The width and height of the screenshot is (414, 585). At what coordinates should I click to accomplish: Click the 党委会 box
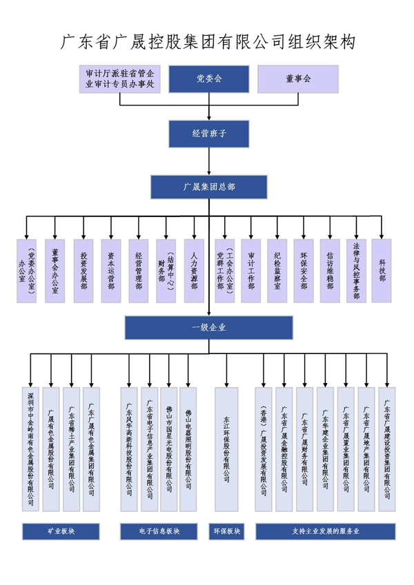point(208,79)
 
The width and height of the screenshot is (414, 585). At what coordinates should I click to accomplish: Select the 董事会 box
point(297,79)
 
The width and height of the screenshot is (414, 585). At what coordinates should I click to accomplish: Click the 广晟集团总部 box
point(208,187)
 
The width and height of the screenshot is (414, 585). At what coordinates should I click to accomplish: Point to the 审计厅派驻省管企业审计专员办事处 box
point(120,79)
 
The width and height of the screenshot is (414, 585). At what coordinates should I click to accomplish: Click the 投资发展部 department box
point(83,271)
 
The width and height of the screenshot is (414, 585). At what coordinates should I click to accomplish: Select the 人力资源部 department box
point(194,271)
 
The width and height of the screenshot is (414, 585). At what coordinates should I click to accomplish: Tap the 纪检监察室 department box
point(277,271)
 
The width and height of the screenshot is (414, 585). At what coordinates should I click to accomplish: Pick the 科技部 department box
point(382,271)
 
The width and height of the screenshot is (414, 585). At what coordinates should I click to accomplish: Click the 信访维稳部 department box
point(330,271)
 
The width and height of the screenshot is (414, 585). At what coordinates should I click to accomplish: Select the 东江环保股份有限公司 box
point(226,448)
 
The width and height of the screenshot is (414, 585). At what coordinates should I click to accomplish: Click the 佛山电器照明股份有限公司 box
point(188,448)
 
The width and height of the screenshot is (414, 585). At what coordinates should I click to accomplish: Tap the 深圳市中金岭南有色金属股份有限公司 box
point(30,448)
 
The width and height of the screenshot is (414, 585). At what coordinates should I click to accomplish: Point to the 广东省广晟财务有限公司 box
point(305,448)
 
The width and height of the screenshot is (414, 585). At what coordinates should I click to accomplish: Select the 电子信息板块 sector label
point(159,532)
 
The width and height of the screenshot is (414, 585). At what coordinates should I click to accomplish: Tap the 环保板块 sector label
point(226,532)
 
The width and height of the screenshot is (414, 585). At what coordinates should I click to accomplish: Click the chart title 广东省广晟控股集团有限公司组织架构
point(208,42)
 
